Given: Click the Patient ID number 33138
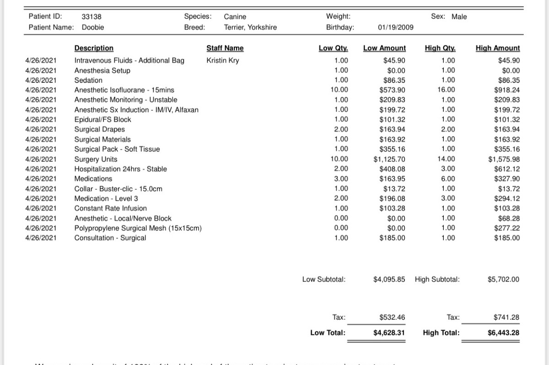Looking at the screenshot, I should pyautogui.click(x=91, y=17).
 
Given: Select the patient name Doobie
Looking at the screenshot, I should pyautogui.click(x=93, y=27).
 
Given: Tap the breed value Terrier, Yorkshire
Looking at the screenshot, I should pyautogui.click(x=250, y=27).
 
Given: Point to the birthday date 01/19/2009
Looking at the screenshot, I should pyautogui.click(x=396, y=27).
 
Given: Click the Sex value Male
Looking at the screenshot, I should pyautogui.click(x=459, y=17).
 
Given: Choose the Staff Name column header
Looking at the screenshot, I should pyautogui.click(x=225, y=48).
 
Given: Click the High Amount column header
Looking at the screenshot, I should pyautogui.click(x=498, y=48).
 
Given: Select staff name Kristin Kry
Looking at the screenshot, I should pyautogui.click(x=223, y=60).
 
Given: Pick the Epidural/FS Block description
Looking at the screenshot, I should pyautogui.click(x=102, y=120).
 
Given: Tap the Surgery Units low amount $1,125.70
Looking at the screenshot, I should pyautogui.click(x=389, y=159).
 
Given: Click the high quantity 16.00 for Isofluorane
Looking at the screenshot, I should pyautogui.click(x=447, y=90).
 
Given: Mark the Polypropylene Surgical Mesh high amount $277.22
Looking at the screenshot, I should pyautogui.click(x=507, y=228).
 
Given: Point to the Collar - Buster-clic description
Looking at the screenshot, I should pyautogui.click(x=118, y=189).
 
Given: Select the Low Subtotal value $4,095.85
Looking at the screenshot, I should pyautogui.click(x=389, y=279).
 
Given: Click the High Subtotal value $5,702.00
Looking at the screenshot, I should pyautogui.click(x=503, y=279).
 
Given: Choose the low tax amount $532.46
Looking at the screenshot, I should pyautogui.click(x=392, y=317).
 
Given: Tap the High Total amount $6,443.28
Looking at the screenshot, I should pyautogui.click(x=503, y=333).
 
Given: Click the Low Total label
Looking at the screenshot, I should pyautogui.click(x=328, y=333).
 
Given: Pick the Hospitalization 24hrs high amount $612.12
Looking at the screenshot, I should pyautogui.click(x=507, y=169).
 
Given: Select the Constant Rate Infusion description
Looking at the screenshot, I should pyautogui.click(x=111, y=208).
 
